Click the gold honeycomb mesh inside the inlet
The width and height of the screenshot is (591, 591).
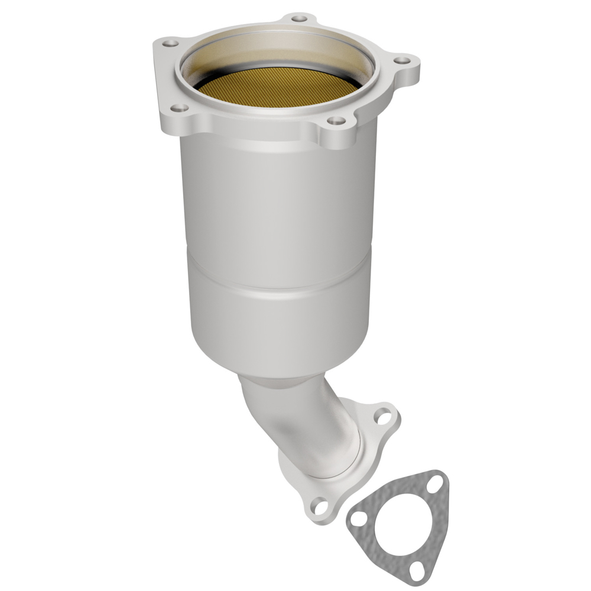[x=278, y=89]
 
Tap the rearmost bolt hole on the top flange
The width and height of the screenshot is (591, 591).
[x=300, y=19]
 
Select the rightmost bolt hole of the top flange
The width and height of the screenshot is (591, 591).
[x=402, y=60]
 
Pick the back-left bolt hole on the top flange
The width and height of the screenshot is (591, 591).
[x=170, y=43]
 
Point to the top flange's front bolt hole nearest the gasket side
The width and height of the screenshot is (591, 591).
[x=336, y=121]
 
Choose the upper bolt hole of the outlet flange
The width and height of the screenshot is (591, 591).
[x=384, y=416]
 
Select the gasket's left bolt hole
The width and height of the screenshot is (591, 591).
[x=357, y=521]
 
